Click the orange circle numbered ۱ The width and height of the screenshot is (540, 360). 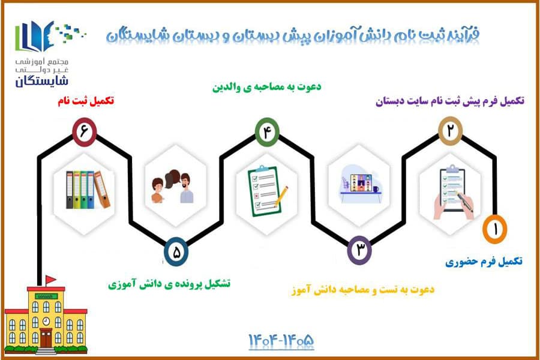tap(494, 229)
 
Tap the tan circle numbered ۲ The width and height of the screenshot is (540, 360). tap(450, 131)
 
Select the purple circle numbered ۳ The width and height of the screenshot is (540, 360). tap(359, 250)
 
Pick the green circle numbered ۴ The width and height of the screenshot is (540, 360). tap(267, 132)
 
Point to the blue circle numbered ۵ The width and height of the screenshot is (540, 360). tap(176, 252)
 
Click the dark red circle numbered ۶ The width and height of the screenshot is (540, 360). tap(84, 131)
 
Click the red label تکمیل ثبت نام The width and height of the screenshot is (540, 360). tap(86, 101)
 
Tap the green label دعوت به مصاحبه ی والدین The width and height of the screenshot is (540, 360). tap(266, 86)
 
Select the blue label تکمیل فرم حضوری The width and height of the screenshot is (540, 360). tap(484, 262)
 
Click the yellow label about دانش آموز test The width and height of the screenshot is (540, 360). tap(363, 289)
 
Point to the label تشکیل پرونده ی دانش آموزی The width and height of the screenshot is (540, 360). tap(169, 284)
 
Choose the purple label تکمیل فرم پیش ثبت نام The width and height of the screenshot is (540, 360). tap(450, 101)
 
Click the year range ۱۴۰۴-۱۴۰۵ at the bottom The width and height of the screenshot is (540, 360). tap(281, 341)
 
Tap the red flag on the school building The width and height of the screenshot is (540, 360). tap(50, 278)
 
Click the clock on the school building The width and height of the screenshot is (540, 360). tap(46, 322)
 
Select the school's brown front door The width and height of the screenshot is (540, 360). tap(46, 338)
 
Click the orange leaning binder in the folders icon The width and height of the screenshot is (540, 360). tap(102, 190)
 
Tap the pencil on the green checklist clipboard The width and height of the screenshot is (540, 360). tap(281, 197)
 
